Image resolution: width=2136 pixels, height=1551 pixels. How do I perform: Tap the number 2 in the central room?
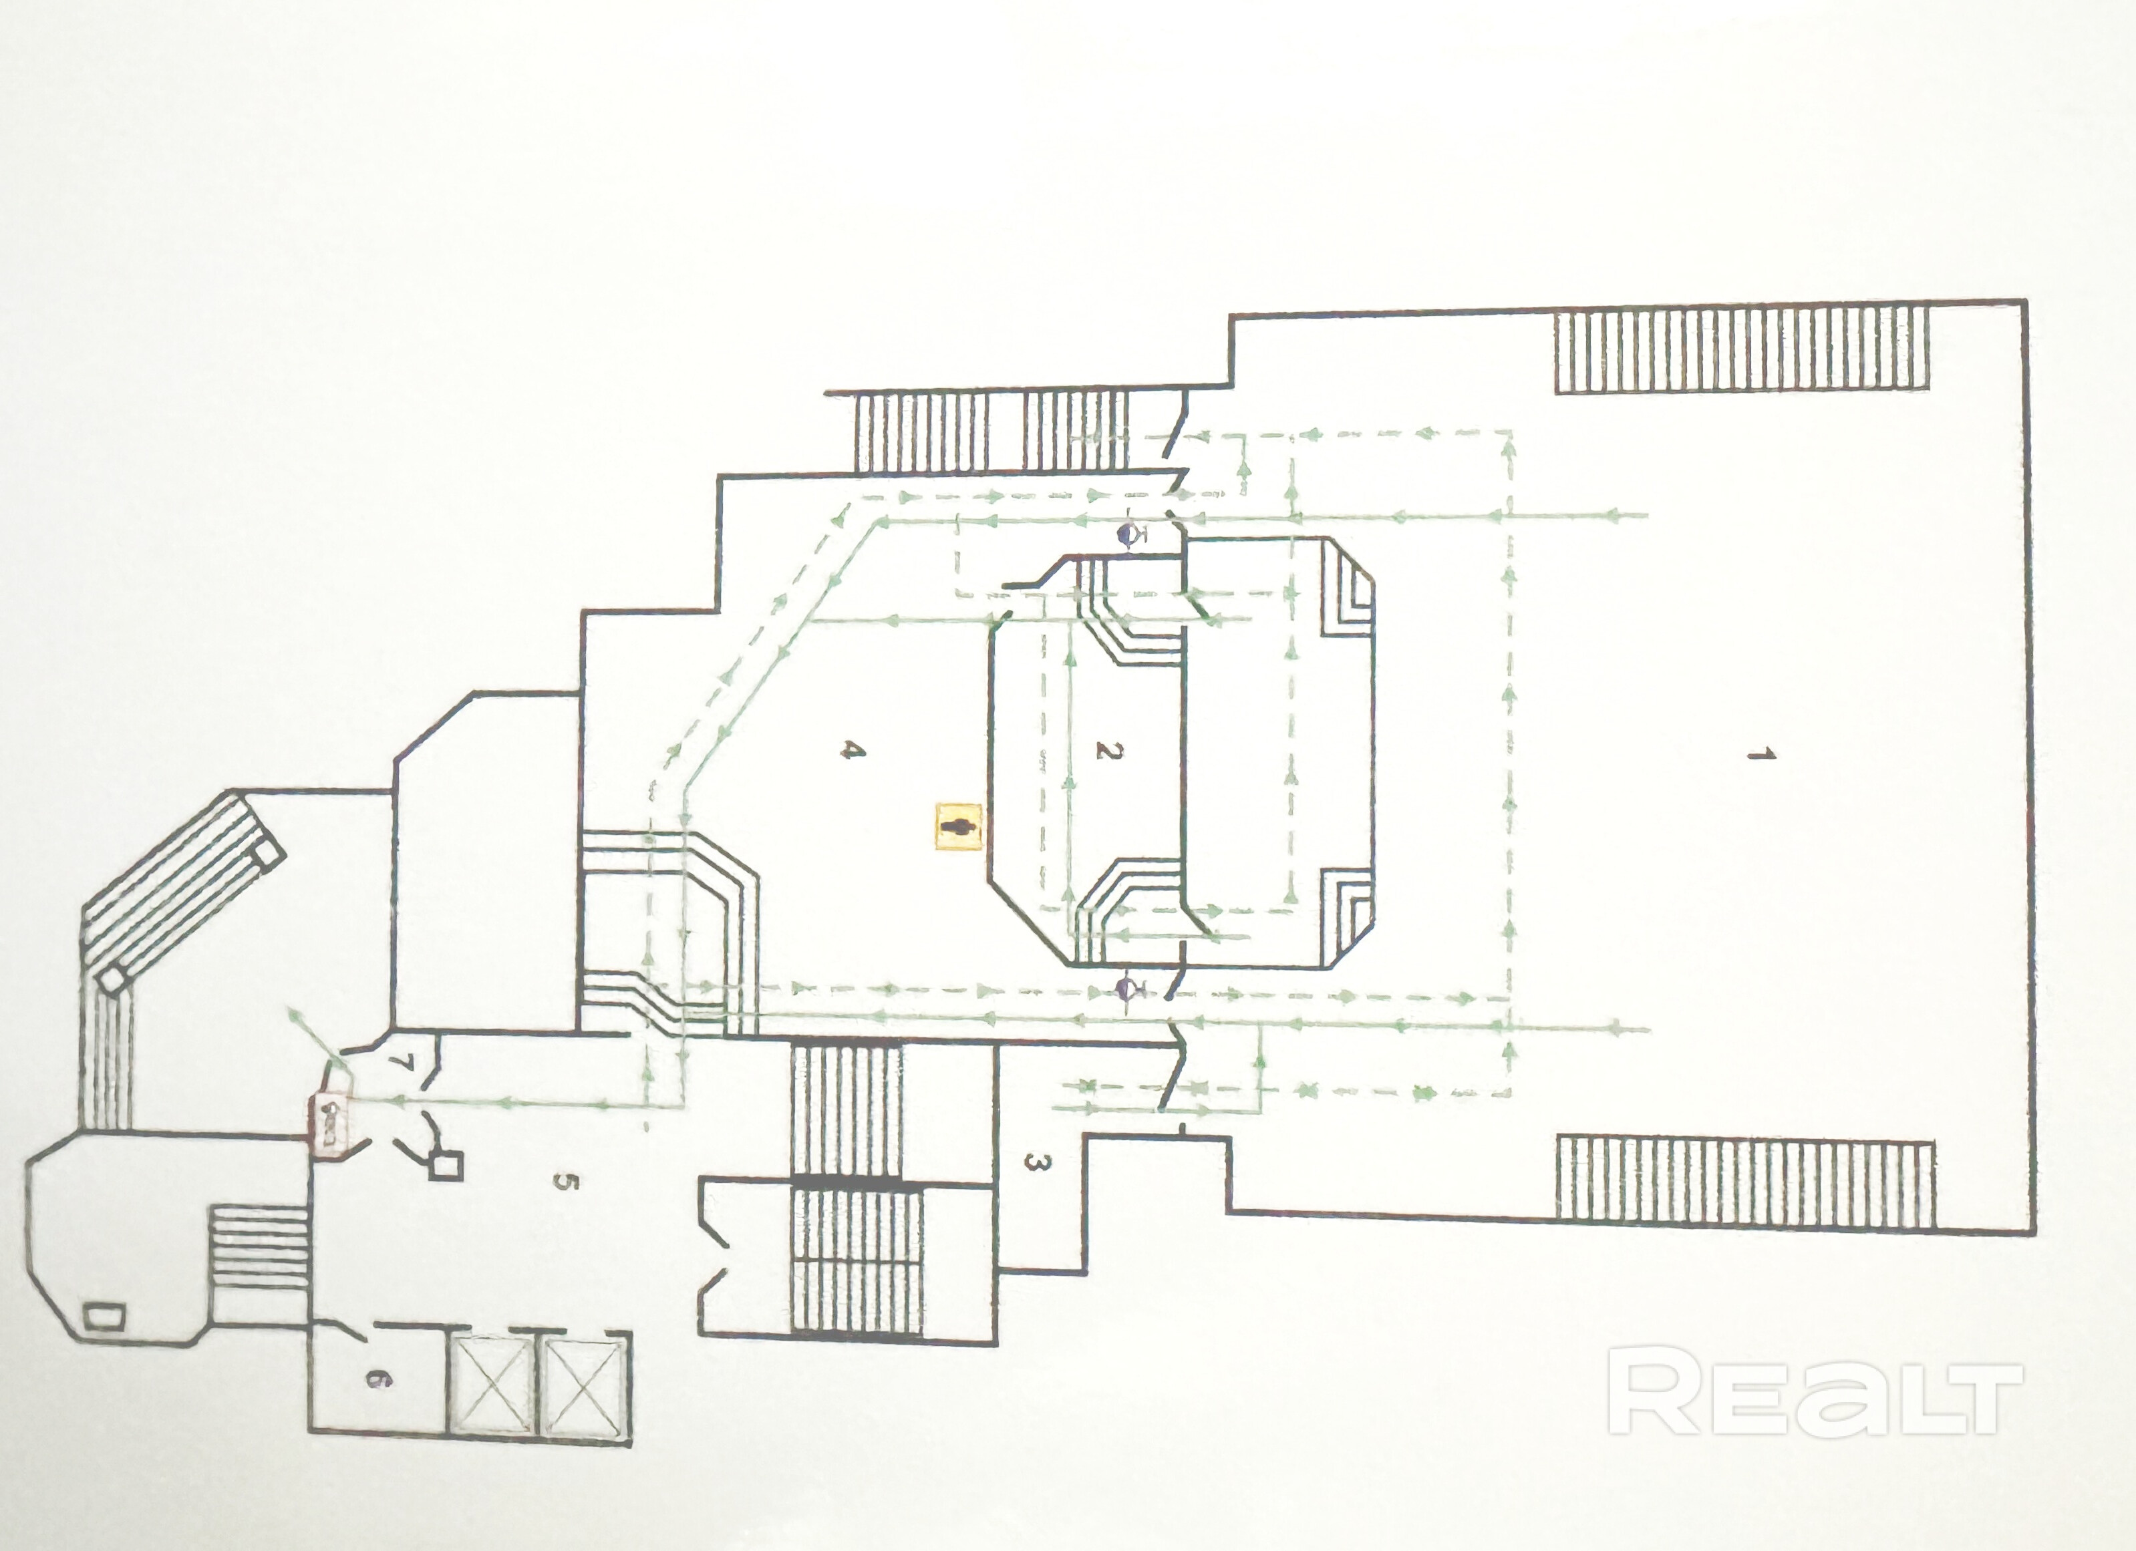(x=1108, y=751)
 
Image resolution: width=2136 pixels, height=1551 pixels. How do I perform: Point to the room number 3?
(x=1033, y=1165)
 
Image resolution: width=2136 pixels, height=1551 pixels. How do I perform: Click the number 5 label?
(x=563, y=1182)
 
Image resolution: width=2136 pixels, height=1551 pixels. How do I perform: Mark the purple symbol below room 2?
(x=1127, y=989)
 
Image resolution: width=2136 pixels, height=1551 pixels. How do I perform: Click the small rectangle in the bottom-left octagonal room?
(x=104, y=1314)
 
